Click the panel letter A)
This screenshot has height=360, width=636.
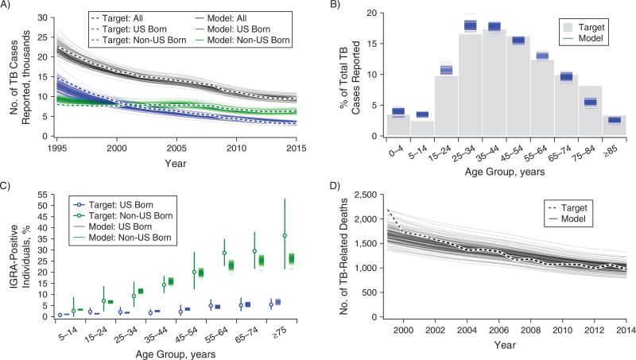click(x=7, y=6)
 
